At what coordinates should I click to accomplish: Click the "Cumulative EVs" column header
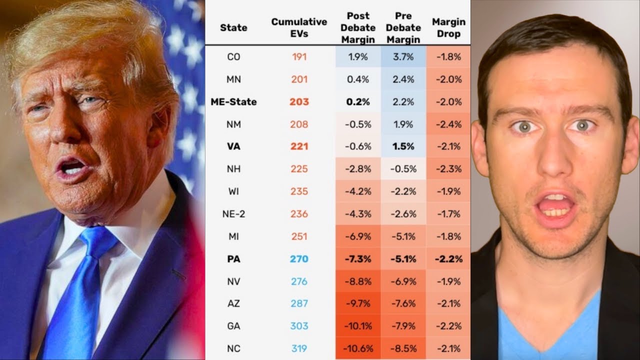coord(299,28)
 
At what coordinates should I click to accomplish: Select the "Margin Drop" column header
coord(448,28)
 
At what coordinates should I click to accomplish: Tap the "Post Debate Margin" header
coord(358,28)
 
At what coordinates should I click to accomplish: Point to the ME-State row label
coord(233,102)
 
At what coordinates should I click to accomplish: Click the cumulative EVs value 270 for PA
coord(299,259)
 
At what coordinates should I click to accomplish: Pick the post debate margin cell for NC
coord(358,348)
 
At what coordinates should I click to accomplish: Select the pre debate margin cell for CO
coord(403,57)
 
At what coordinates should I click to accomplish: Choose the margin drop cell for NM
coord(448,124)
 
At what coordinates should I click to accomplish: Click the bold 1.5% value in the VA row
coord(403,146)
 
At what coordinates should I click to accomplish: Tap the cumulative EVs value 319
coord(299,348)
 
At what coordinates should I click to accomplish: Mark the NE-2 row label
coord(233,214)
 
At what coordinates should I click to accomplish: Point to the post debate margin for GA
coord(358,326)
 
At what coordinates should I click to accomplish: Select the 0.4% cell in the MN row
coord(358,79)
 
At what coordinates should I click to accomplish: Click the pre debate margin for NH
coord(403,169)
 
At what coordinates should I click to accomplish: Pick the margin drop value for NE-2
coord(448,214)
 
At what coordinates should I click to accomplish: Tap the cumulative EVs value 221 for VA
coord(299,146)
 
